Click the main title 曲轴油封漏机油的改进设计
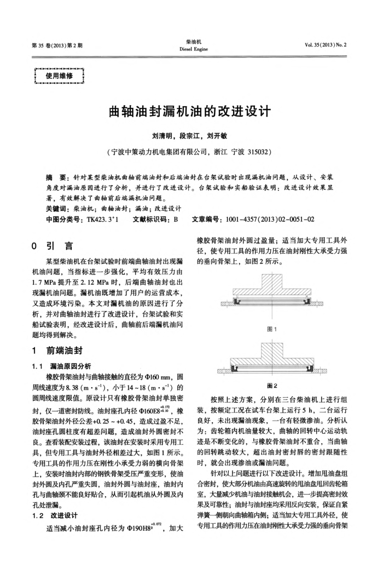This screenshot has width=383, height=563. [x=191, y=113]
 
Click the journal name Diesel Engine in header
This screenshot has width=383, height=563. [x=191, y=47]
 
